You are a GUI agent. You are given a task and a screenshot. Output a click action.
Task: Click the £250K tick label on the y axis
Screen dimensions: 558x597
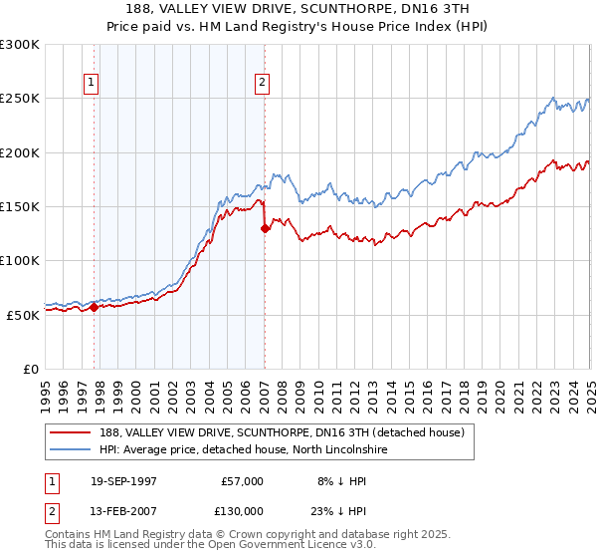(x=20, y=99)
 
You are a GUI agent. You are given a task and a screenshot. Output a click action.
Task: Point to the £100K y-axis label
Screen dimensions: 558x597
(x=20, y=260)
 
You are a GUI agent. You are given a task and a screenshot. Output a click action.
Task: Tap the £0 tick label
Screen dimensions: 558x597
(x=30, y=369)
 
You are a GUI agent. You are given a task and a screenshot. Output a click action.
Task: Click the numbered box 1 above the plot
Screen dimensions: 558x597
(x=91, y=84)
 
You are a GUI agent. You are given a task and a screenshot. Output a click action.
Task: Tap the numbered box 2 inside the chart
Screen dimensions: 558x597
(x=262, y=84)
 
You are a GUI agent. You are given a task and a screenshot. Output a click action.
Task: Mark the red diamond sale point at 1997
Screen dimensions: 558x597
(x=95, y=307)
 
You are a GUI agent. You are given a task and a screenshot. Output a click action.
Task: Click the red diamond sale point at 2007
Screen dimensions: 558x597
(x=265, y=228)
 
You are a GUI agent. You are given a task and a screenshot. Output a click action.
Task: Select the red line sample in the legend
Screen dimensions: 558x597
(x=71, y=432)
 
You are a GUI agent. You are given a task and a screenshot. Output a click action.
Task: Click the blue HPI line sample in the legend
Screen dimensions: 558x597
(x=71, y=450)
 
